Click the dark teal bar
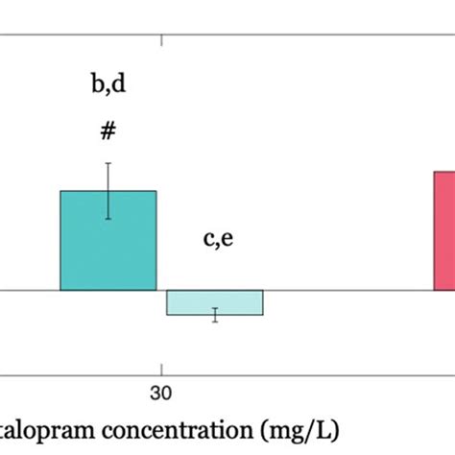[108, 245]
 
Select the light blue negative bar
[214, 301]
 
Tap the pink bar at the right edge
[443, 230]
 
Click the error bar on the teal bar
[108, 191]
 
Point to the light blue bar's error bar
[215, 315]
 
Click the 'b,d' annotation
[108, 84]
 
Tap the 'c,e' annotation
[217, 239]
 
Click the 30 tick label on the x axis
[160, 394]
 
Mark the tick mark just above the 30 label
[161, 369]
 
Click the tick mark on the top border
[161, 41]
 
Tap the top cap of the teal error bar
[108, 163]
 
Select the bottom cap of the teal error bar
[108, 219]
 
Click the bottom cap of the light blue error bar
[215, 322]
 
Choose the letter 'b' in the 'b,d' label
[97, 84]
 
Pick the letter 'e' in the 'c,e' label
[227, 240]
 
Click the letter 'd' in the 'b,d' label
[119, 84]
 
